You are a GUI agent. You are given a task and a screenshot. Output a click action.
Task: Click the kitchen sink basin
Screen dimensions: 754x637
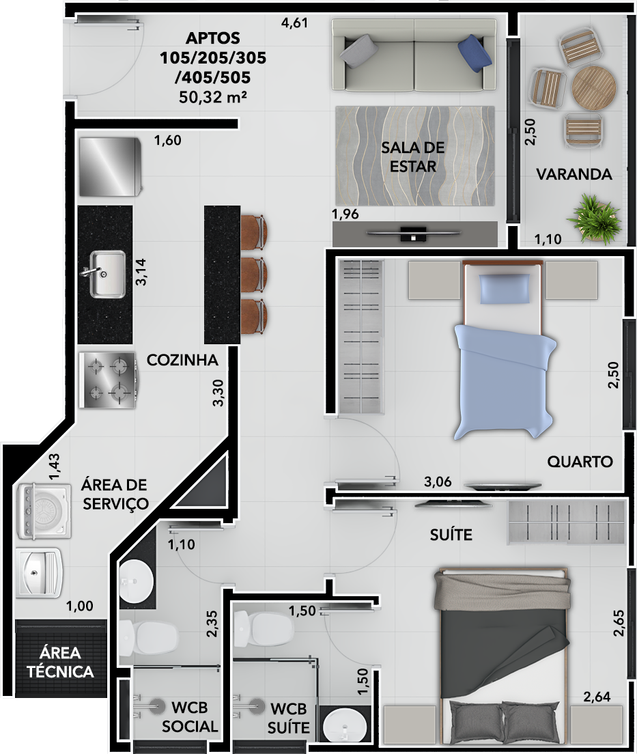[108, 273]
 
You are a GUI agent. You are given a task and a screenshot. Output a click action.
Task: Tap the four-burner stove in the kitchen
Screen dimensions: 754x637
[109, 380]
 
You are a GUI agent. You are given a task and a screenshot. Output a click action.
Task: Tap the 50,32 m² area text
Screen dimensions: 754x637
[212, 97]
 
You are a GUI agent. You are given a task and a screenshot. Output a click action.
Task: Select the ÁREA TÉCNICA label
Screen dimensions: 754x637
[61, 662]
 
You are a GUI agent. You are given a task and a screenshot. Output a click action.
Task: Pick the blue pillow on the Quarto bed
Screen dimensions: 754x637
[505, 289]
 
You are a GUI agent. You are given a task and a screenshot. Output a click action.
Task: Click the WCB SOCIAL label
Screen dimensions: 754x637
[189, 716]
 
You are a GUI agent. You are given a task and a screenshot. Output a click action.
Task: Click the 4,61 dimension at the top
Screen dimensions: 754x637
[295, 23]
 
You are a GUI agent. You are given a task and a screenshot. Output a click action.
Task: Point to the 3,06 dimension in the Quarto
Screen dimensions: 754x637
[438, 482]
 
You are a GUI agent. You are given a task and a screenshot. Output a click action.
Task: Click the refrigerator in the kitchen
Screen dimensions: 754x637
[109, 167]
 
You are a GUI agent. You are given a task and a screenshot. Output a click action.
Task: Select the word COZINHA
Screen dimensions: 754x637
[182, 360]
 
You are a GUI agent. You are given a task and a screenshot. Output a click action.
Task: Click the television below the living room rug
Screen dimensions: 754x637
[414, 234]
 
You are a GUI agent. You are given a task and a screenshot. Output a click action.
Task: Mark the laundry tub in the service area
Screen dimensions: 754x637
[40, 570]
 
